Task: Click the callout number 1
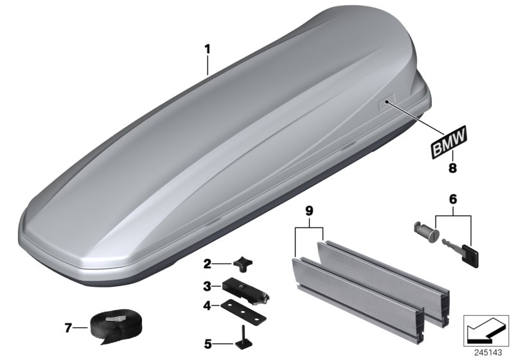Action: pos(207,48)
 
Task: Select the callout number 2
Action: pos(207,263)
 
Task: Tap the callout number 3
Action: pos(207,285)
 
